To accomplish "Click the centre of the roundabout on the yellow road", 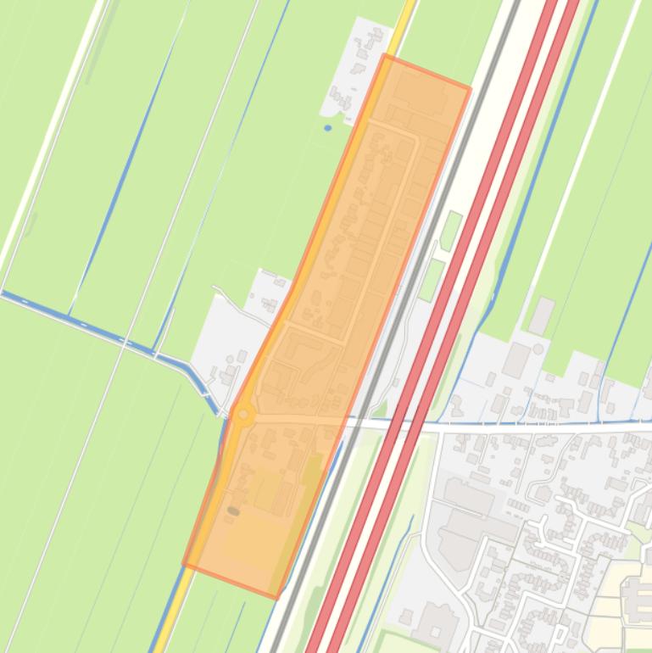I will coord(244,415).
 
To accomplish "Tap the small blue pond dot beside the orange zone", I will coord(328,128).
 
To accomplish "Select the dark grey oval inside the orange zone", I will coord(233,511).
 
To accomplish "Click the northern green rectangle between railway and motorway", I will coord(450,230).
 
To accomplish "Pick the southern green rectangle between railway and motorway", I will coord(432,279).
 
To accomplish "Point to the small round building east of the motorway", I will coord(538,349).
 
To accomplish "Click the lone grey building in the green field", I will coord(541,315).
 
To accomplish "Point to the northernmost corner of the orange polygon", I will coord(385,56).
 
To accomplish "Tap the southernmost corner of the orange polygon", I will coord(276,597).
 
